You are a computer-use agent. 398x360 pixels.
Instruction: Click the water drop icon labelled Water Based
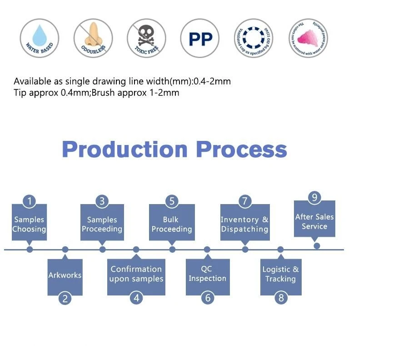pyautogui.click(x=39, y=38)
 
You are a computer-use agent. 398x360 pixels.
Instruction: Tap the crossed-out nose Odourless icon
pyautogui.click(x=93, y=38)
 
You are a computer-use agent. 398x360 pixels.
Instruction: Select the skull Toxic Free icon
pyautogui.click(x=146, y=38)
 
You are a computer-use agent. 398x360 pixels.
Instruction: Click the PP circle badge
pyautogui.click(x=200, y=39)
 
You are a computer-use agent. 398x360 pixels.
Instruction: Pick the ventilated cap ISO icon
pyautogui.click(x=254, y=38)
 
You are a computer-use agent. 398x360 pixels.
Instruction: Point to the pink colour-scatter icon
pyautogui.click(x=308, y=38)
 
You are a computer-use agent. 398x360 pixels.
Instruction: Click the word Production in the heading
pyautogui.click(x=124, y=150)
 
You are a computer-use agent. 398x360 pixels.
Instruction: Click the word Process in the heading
pyautogui.click(x=241, y=150)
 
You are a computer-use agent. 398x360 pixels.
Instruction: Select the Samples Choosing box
pyautogui.click(x=29, y=224)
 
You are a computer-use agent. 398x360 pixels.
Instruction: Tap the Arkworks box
pyautogui.click(x=65, y=276)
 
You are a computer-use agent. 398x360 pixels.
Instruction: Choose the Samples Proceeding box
pyautogui.click(x=102, y=224)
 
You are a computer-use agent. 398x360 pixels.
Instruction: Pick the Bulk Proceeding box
pyautogui.click(x=171, y=224)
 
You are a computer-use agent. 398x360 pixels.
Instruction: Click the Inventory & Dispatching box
pyautogui.click(x=244, y=224)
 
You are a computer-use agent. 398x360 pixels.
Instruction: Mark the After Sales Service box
pyautogui.click(x=314, y=220)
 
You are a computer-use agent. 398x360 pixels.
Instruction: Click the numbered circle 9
pyautogui.click(x=314, y=198)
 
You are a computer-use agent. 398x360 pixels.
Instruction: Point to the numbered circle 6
pyautogui.click(x=207, y=298)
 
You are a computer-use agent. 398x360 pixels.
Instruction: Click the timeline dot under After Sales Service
pyautogui.click(x=317, y=245)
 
